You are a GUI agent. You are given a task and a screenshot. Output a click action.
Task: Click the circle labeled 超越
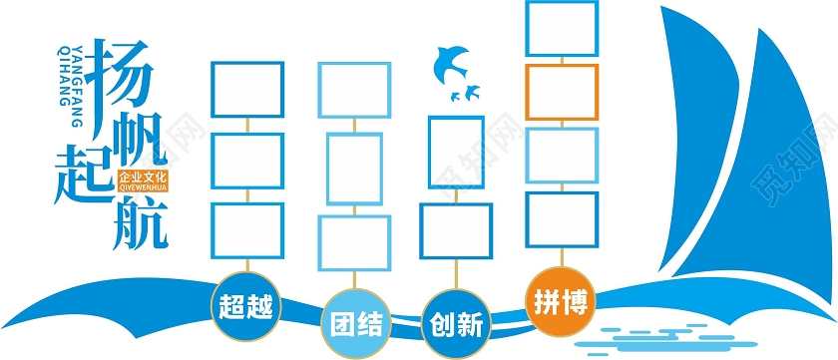tap(245, 302)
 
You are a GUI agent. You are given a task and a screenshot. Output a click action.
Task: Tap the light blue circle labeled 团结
tap(355, 323)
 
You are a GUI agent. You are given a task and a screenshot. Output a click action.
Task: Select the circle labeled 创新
tap(456, 323)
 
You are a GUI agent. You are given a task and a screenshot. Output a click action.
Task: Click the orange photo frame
tap(562, 92)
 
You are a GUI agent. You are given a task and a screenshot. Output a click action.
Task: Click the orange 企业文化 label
tap(145, 180)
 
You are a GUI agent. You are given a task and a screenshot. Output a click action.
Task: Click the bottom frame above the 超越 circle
tap(245, 229)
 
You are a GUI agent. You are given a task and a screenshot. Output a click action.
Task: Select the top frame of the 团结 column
tap(354, 90)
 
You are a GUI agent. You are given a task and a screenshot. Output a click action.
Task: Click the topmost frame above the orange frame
tap(562, 28)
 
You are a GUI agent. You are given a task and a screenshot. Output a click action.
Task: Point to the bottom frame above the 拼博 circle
tap(562, 220)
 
